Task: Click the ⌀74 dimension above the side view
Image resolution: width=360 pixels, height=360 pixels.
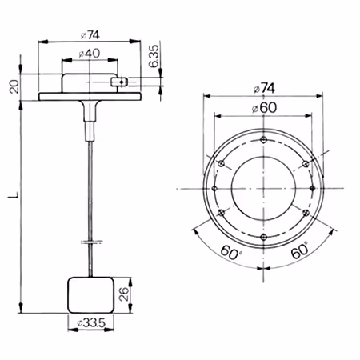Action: click(x=90, y=35)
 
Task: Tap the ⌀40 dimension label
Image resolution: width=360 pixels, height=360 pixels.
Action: click(x=90, y=54)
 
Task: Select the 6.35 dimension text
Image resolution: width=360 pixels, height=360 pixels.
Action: click(x=154, y=56)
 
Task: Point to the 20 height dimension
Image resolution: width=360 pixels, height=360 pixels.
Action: click(x=14, y=86)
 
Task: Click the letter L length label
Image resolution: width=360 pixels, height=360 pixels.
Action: click(x=14, y=194)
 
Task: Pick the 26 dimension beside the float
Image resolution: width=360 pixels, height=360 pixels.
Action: click(x=124, y=294)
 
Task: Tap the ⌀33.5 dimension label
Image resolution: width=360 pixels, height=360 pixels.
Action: click(x=91, y=323)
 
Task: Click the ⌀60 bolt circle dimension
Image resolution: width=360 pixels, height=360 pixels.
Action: click(x=264, y=108)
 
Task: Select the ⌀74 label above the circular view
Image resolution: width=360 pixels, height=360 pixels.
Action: click(x=264, y=88)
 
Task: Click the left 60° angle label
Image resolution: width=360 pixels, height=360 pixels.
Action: click(x=230, y=253)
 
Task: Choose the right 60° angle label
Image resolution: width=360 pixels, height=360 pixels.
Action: click(x=299, y=251)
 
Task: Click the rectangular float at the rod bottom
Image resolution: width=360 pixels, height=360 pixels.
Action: click(x=90, y=295)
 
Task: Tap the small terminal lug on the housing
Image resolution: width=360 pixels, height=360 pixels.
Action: click(x=119, y=82)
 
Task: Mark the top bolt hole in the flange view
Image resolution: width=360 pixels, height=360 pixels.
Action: click(x=264, y=139)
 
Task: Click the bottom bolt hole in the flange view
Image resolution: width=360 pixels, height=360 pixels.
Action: click(x=264, y=237)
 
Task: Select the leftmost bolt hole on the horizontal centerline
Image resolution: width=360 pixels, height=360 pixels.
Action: click(x=215, y=188)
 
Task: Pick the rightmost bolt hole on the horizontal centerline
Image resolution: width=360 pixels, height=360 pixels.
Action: click(x=313, y=188)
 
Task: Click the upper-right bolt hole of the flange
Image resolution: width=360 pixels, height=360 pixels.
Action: click(x=306, y=164)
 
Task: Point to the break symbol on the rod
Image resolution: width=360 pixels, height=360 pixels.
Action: click(x=91, y=242)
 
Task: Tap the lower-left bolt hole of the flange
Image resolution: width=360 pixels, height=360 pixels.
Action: click(x=221, y=213)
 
